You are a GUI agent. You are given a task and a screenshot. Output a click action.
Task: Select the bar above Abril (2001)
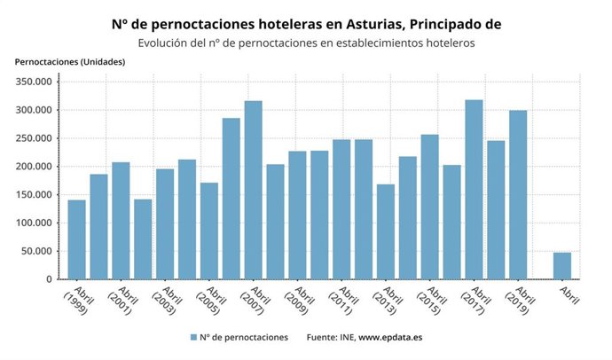tap(121, 221)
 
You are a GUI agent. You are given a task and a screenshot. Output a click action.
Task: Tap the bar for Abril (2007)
tap(253, 191)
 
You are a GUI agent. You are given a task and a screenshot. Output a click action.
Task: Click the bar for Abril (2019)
tap(518, 195)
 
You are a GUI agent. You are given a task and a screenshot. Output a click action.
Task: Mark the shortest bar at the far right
tap(562, 266)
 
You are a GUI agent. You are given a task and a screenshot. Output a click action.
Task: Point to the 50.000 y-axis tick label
tap(38, 251)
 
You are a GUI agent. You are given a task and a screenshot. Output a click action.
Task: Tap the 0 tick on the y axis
tap(50, 279)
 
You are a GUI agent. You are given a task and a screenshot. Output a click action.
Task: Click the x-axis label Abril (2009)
tap(298, 301)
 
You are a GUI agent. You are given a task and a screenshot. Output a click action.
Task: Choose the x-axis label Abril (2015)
tap(430, 301)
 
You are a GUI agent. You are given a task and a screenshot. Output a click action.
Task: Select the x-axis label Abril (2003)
tap(165, 301)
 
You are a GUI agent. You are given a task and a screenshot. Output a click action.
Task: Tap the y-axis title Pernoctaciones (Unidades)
tap(70, 61)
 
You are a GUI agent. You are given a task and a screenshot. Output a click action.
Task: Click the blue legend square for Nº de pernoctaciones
tap(192, 338)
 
